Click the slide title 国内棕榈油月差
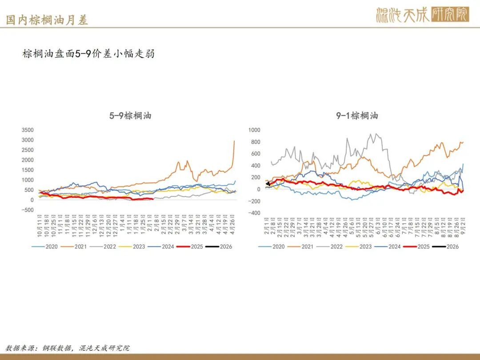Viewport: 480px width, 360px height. [47, 20]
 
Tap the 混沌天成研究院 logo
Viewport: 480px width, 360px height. [422, 15]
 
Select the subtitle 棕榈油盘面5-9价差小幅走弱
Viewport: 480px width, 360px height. [88, 54]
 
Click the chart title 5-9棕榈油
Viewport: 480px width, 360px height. [131, 116]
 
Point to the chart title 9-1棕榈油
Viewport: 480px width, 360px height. [357, 116]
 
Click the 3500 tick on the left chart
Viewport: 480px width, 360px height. [28, 130]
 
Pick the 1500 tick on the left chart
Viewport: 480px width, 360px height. [28, 170]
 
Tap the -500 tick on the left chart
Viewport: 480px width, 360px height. [28, 210]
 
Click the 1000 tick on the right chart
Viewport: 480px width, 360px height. [254, 130]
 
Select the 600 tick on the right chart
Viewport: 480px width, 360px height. [255, 154]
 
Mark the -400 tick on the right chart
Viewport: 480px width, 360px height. [254, 213]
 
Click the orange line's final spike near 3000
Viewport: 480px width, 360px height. [234, 141]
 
